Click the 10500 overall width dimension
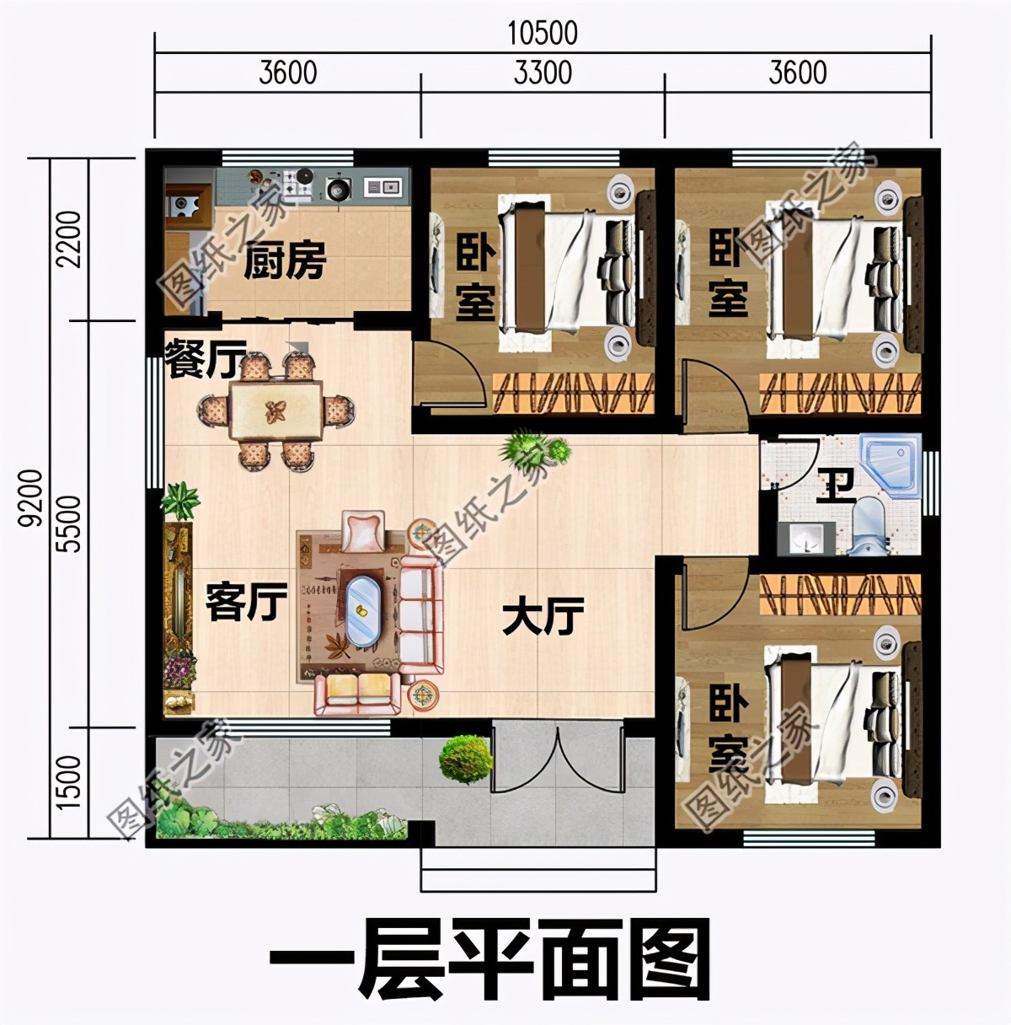(543, 33)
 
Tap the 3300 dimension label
(543, 73)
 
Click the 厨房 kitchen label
(285, 262)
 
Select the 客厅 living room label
(246, 602)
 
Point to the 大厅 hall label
(543, 618)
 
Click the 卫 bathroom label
(836, 486)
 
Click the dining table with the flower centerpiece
(275, 411)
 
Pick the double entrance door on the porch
(557, 756)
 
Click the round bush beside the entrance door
(465, 758)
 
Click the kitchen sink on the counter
(383, 186)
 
